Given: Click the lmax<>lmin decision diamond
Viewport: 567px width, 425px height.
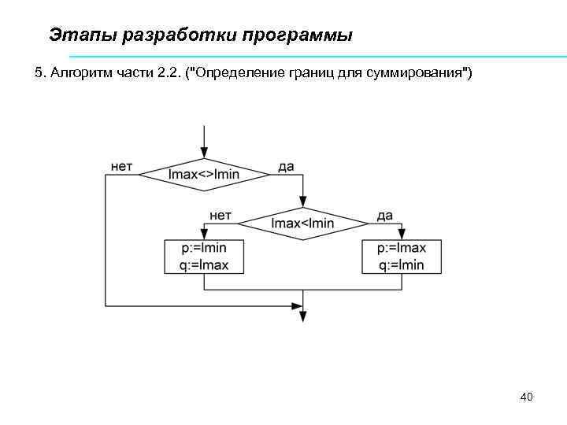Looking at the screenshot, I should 204,174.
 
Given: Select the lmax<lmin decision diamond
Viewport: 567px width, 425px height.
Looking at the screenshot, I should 302,223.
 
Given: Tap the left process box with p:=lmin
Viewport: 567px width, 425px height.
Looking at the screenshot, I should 204,257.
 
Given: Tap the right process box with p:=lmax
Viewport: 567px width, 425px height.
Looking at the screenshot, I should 402,257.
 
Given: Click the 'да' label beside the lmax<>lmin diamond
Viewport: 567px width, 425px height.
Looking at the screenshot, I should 287,167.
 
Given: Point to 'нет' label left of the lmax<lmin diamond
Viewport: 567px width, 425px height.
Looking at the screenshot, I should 220,215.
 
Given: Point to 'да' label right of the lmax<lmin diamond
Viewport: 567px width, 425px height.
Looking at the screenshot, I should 385,215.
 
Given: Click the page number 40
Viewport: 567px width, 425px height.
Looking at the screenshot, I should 527,397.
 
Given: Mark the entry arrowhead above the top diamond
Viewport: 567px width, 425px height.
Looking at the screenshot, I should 204,153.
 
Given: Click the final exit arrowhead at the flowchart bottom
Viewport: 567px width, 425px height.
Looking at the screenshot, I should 302,316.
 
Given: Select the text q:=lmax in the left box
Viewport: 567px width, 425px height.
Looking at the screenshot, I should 204,265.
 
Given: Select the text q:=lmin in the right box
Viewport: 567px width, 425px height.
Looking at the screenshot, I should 402,265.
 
